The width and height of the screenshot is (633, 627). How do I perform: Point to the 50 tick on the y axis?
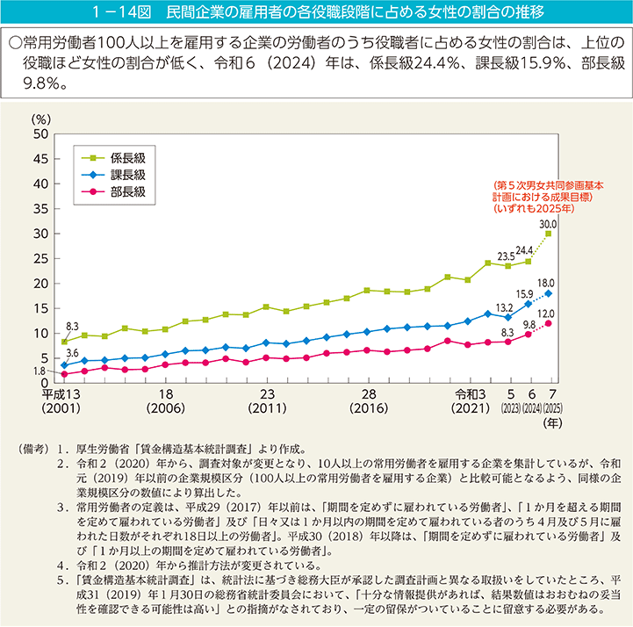(x=40, y=134)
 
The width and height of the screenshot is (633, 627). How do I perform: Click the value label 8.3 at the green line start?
(x=72, y=326)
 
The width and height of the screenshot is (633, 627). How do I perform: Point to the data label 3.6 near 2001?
(x=72, y=353)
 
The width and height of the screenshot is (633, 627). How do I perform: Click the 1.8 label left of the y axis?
(x=40, y=373)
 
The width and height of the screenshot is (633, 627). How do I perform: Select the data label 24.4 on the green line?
(x=524, y=250)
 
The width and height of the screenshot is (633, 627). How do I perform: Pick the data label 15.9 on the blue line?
(x=524, y=293)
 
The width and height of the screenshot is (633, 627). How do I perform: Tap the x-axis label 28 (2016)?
(x=369, y=401)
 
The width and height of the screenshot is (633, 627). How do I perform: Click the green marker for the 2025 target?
(x=549, y=234)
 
